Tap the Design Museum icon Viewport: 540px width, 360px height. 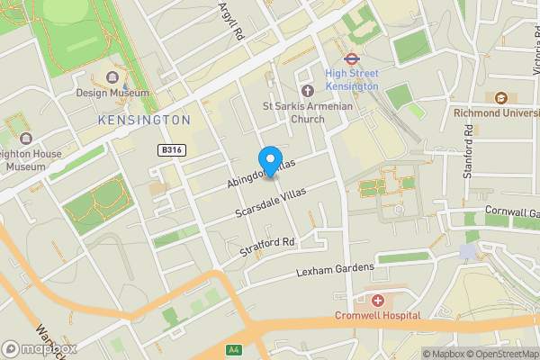point(112,78)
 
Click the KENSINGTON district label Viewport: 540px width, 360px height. point(145,119)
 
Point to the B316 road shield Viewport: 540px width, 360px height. point(172,149)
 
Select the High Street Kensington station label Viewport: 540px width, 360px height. point(352,79)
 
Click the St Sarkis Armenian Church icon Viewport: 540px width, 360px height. point(307,90)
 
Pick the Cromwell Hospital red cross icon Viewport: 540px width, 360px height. point(378,300)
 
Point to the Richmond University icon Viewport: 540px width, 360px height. point(500,97)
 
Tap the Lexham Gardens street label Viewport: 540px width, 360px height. point(335,268)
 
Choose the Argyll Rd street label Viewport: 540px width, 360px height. point(231,20)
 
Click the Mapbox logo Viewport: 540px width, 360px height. point(38,348)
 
